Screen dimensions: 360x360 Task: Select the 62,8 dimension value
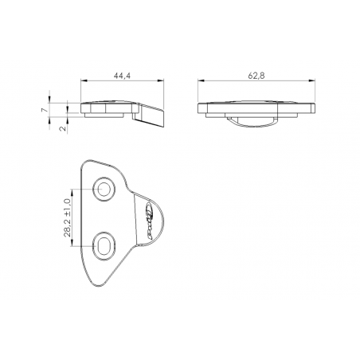[256, 74]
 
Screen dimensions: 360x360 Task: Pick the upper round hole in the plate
[104, 189]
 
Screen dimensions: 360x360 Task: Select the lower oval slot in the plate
[104, 246]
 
